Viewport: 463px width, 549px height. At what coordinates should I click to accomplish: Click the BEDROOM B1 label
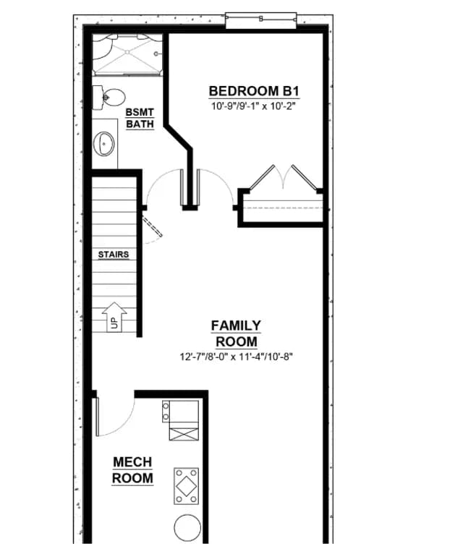(x=254, y=91)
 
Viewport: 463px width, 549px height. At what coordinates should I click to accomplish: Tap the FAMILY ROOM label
(x=237, y=333)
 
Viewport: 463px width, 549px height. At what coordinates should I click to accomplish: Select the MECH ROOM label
(x=132, y=470)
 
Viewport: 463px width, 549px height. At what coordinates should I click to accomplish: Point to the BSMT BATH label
(x=140, y=118)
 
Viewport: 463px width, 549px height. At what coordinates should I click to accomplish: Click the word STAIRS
(x=114, y=254)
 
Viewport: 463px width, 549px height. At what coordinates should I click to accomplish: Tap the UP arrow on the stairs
(x=114, y=317)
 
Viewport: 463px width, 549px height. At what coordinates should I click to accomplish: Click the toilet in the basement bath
(x=109, y=97)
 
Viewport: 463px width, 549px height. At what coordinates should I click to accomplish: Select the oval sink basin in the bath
(x=103, y=143)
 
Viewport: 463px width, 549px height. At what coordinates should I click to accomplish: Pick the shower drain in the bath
(x=127, y=52)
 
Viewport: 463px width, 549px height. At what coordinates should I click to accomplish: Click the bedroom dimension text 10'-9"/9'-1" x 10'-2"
(x=254, y=106)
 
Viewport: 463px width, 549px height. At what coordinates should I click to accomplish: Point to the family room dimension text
(x=237, y=357)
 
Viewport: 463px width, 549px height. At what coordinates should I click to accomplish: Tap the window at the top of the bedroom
(x=261, y=20)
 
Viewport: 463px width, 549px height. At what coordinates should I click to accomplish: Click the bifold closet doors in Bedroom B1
(x=283, y=178)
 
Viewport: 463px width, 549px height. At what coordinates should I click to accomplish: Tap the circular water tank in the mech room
(x=187, y=528)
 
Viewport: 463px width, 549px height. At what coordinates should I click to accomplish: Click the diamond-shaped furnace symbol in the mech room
(x=187, y=486)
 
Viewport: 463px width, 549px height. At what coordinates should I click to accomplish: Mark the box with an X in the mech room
(x=184, y=431)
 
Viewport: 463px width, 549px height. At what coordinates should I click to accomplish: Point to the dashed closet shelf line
(x=283, y=208)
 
